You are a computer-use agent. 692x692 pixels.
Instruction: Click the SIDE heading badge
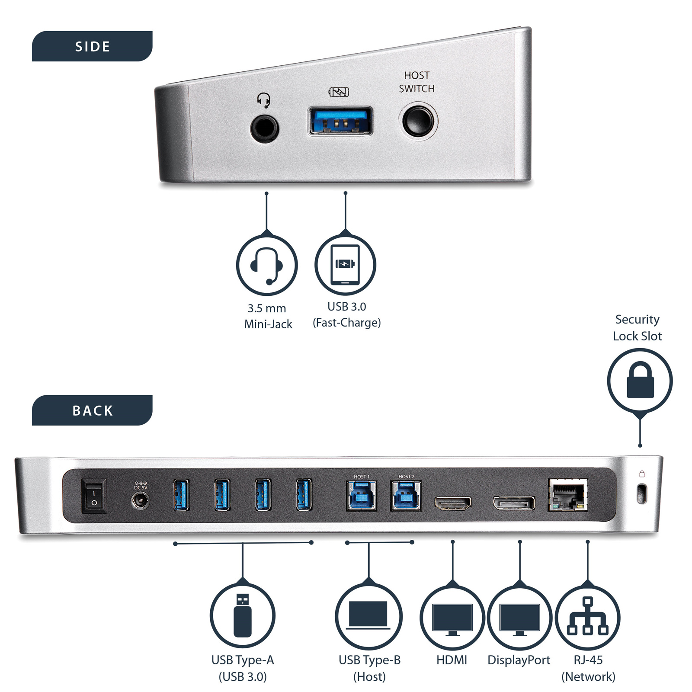pyautogui.click(x=92, y=46)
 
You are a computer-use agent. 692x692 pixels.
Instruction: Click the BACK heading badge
pyautogui.click(x=92, y=410)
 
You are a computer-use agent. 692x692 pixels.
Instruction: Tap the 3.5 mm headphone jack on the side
pyautogui.click(x=264, y=128)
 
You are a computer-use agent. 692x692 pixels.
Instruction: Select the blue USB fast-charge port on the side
pyautogui.click(x=340, y=121)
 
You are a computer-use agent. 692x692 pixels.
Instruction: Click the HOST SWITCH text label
pyautogui.click(x=416, y=82)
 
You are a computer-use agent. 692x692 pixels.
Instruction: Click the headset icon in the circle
pyautogui.click(x=267, y=265)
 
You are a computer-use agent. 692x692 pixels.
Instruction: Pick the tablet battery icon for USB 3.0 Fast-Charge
pyautogui.click(x=345, y=264)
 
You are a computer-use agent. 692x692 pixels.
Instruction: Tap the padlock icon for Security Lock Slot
pyautogui.click(x=640, y=381)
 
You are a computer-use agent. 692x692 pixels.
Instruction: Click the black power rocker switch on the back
pyautogui.click(x=94, y=496)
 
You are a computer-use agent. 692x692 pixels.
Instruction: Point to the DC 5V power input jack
pyautogui.click(x=140, y=501)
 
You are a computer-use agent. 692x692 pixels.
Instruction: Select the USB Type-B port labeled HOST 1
pyautogui.click(x=362, y=496)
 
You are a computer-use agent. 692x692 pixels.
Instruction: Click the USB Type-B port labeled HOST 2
pyautogui.click(x=406, y=496)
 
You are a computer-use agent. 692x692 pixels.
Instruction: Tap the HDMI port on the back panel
pyautogui.click(x=452, y=503)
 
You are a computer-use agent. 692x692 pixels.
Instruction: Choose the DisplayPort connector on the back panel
pyautogui.click(x=514, y=503)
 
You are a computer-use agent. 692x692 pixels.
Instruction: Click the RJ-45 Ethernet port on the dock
pyautogui.click(x=567, y=496)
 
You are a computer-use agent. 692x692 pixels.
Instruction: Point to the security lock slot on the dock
pyautogui.click(x=642, y=493)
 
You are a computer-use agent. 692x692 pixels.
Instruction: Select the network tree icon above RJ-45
pyautogui.click(x=587, y=616)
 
